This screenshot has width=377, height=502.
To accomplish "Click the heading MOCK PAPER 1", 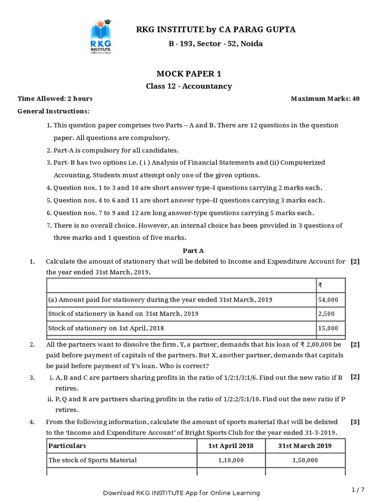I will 188,74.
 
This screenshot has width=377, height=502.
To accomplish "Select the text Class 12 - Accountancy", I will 188,86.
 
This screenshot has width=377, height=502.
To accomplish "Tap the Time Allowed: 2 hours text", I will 55,99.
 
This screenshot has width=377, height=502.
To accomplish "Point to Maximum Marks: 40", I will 325,99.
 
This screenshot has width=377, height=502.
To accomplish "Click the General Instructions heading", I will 54,111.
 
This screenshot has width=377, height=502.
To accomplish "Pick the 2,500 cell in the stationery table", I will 326,314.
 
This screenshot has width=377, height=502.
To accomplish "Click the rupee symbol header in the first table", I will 320,285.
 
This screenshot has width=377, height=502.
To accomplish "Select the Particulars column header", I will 67,446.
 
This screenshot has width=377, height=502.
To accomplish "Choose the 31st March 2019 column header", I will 305,446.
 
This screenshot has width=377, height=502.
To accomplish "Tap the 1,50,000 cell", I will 305,460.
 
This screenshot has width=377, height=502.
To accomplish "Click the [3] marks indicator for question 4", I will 355,422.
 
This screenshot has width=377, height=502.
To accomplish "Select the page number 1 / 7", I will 358,489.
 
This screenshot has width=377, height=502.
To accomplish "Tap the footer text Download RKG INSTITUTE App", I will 181,493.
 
